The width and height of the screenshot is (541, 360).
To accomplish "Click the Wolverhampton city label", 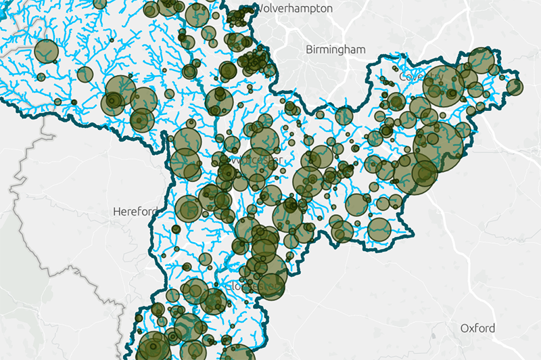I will [293, 9].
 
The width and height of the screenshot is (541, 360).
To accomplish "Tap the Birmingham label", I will [335, 49].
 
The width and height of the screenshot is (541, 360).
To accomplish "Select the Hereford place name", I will [134, 212].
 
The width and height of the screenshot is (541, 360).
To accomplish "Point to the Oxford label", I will [477, 328].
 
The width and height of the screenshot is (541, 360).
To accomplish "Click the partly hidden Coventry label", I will [409, 77].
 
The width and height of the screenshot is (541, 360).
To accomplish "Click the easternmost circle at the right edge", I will [515, 87].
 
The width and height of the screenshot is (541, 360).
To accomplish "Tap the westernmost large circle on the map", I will [46, 51].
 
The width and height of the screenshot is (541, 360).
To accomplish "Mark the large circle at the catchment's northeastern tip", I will [481, 60].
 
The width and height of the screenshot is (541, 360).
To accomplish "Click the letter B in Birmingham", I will [309, 49].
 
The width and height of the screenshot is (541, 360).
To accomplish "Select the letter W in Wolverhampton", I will [259, 9].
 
